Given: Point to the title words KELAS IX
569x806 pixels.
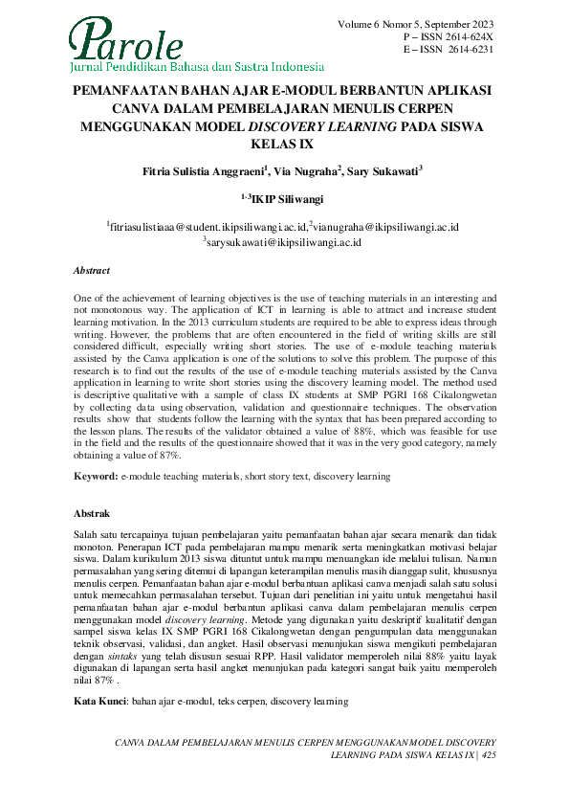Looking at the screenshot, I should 283,145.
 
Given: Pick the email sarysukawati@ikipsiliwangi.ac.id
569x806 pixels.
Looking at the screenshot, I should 284,243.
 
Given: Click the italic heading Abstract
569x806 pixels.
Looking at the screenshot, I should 93,271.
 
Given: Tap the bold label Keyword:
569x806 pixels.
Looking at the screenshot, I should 97,476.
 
